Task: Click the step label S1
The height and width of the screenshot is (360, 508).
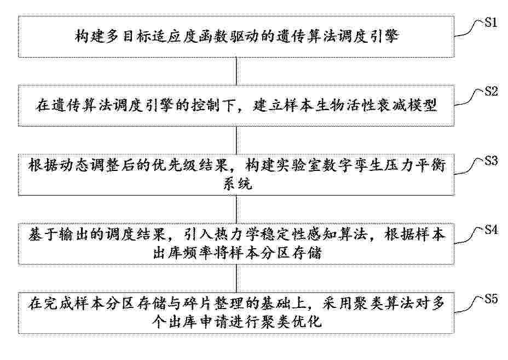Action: point(491,22)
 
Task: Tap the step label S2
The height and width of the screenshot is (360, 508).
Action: point(491,92)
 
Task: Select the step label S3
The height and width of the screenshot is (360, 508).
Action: point(491,161)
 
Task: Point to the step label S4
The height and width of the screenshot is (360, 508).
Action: point(491,230)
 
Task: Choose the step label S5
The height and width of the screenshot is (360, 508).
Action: point(491,299)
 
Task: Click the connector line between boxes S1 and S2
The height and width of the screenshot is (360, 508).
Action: point(236,71)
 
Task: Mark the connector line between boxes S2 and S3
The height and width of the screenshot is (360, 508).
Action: point(236,140)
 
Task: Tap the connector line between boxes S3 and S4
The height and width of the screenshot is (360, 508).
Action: point(236,209)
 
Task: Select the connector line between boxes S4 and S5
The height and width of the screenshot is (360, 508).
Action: point(236,278)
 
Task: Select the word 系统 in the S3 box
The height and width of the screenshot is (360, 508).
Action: point(238,184)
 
